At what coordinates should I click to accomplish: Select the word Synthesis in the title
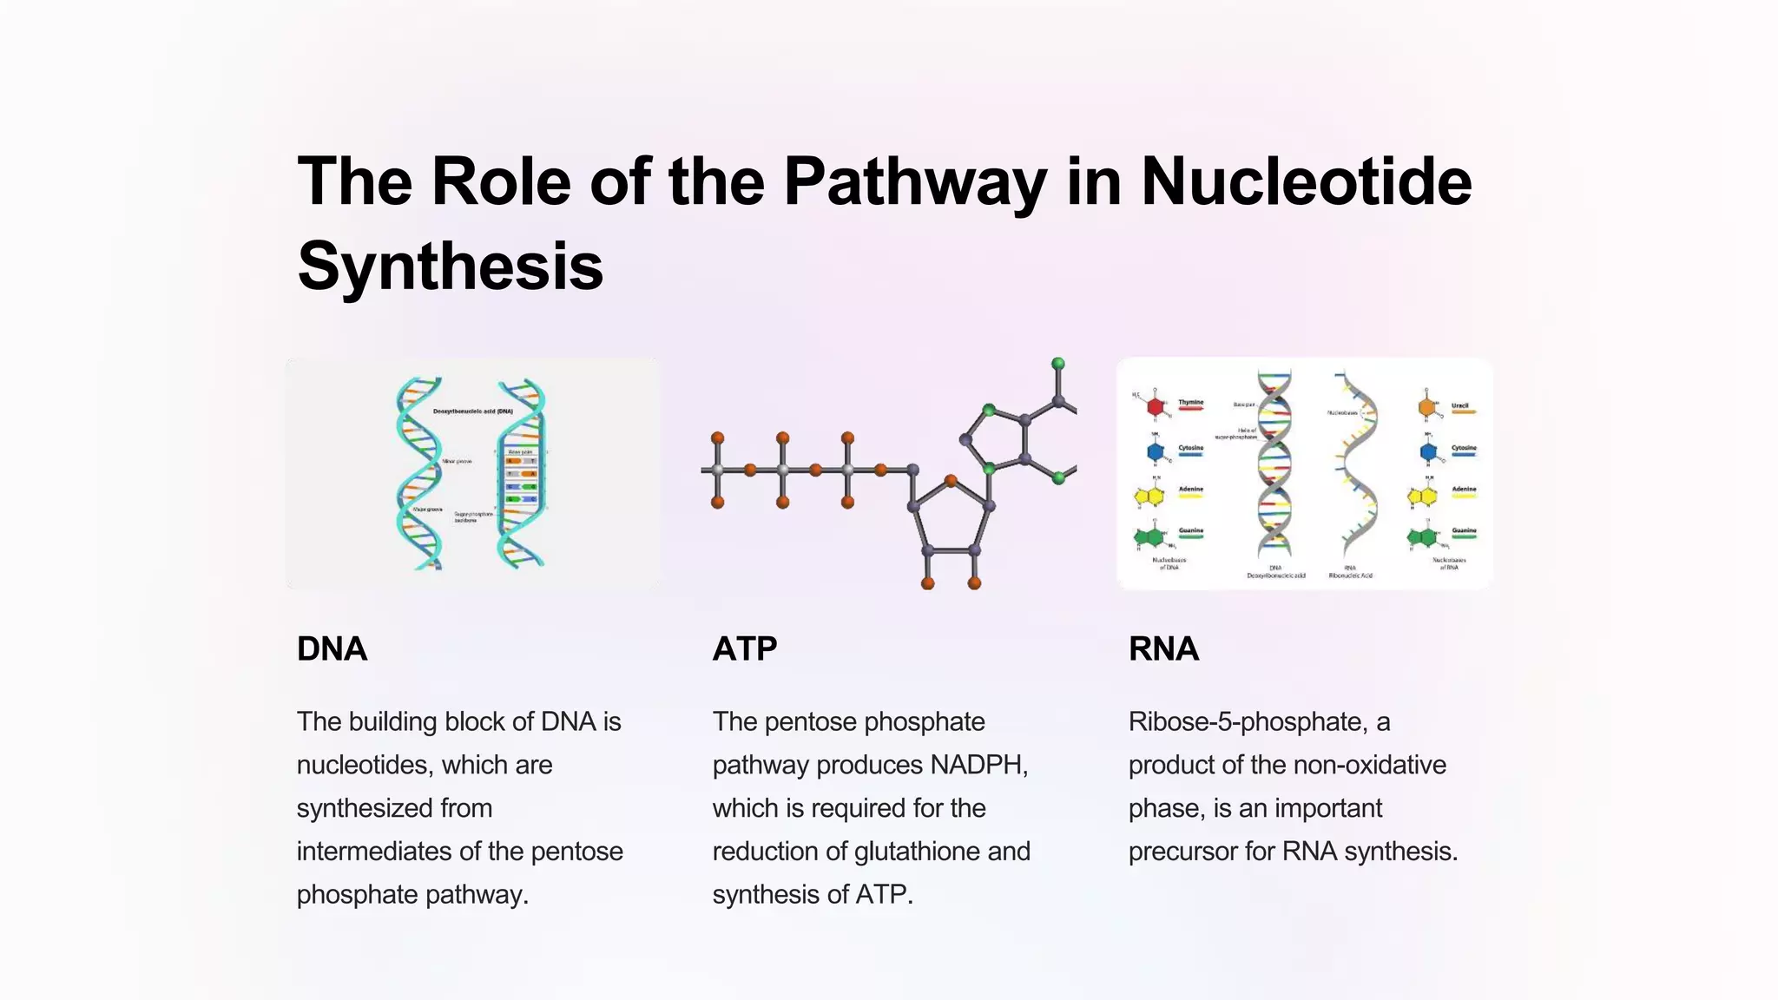click(450, 266)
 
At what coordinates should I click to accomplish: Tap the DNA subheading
click(332, 649)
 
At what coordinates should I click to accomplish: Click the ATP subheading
click(745, 649)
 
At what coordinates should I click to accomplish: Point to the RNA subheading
click(1163, 649)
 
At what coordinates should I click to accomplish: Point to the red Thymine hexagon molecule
click(1155, 406)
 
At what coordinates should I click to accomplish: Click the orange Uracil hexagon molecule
click(1427, 406)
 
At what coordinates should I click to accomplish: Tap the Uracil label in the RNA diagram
click(1460, 405)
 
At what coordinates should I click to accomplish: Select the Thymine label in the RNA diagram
click(1190, 403)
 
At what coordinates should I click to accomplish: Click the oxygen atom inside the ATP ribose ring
click(951, 480)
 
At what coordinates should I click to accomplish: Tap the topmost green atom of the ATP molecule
click(1057, 364)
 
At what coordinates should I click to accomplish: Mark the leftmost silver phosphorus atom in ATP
click(718, 470)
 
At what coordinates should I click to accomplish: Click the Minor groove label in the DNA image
click(457, 461)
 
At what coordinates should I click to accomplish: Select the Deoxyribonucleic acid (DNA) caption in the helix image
click(472, 411)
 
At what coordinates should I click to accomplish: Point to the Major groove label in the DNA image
click(427, 510)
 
